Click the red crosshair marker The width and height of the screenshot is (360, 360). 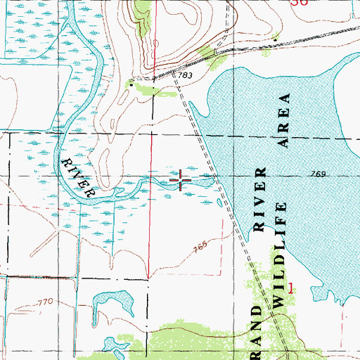point(181,181)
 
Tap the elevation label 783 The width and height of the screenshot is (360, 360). point(186,75)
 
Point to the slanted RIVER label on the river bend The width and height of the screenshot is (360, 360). point(78,176)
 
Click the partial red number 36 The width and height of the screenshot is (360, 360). point(300,3)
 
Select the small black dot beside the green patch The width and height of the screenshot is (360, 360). point(129,85)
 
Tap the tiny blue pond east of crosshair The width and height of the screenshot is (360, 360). point(220,204)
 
